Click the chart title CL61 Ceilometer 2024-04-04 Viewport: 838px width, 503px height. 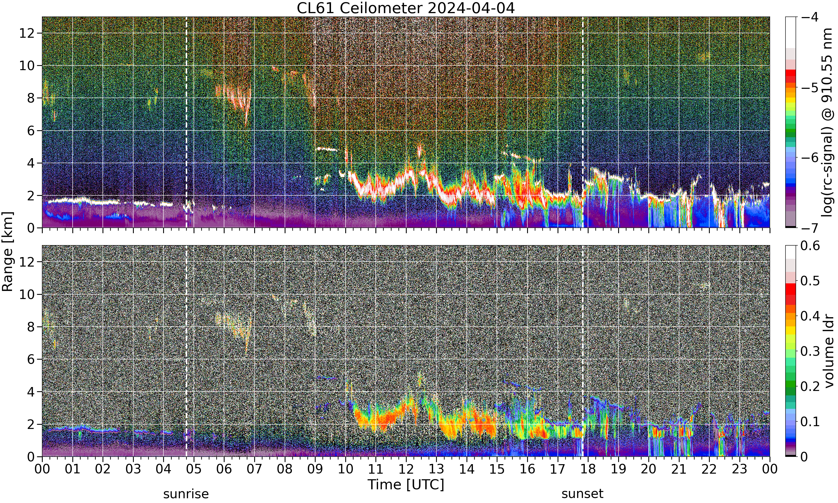pyautogui.click(x=405, y=8)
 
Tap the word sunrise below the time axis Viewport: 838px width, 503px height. pyautogui.click(x=186, y=494)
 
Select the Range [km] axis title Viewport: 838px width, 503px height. pyautogui.click(x=8, y=251)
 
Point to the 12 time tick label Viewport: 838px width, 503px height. pyautogui.click(x=406, y=469)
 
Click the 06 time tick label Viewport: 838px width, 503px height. pyautogui.click(x=224, y=469)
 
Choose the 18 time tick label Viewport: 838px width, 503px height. pyautogui.click(x=588, y=469)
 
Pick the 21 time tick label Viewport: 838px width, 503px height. pyautogui.click(x=679, y=469)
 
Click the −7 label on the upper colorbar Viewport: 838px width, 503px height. pyautogui.click(x=810, y=228)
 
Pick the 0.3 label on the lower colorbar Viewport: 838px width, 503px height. pyautogui.click(x=810, y=351)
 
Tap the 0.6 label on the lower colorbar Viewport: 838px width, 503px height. pyautogui.click(x=810, y=245)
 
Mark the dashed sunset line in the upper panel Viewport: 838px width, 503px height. pyautogui.click(x=583, y=122)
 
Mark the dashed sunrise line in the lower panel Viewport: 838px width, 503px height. pyautogui.click(x=186, y=351)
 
